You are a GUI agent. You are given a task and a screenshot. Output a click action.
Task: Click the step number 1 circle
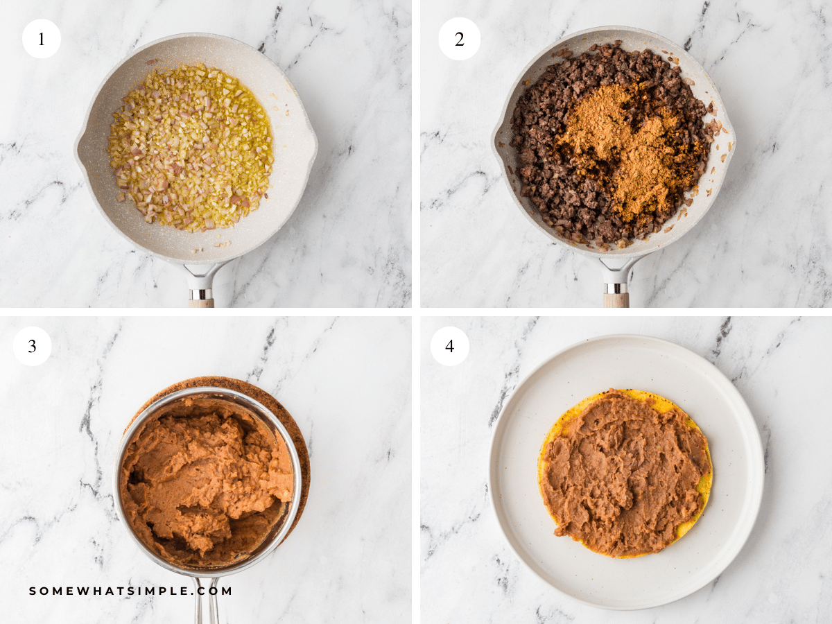42,39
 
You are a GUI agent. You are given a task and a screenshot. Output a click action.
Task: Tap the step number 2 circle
459,39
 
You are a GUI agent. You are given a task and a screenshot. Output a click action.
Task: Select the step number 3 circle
32,346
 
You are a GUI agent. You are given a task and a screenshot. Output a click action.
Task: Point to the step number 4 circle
449,346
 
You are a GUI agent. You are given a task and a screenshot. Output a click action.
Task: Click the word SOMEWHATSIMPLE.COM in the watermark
131,591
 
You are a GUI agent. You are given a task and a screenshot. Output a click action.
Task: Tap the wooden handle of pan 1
201,302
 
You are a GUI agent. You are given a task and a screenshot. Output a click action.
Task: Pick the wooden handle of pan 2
616,301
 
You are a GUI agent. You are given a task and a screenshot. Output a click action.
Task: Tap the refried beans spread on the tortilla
624,471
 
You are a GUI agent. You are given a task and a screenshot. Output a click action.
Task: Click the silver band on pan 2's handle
615,288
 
